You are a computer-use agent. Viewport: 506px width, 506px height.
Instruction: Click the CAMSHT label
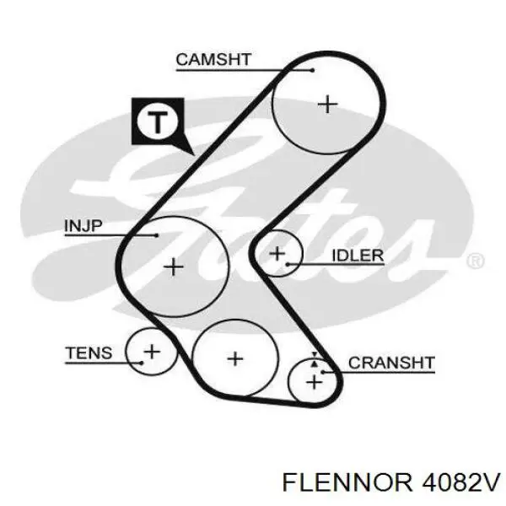pos(213,60)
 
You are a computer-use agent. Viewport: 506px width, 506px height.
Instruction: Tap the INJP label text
pos(83,225)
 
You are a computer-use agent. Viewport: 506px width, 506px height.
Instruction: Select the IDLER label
pos(358,256)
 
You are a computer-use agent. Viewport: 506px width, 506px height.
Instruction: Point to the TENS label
pos(89,353)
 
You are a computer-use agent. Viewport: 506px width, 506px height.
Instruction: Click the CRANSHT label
pos(391,363)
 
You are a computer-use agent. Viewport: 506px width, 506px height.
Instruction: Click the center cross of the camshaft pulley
pos(327,105)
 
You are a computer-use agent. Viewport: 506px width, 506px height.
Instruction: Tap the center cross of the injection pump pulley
pos(174,266)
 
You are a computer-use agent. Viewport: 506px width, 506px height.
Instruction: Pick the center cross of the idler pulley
pos(277,253)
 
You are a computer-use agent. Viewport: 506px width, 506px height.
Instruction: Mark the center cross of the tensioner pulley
pos(152,352)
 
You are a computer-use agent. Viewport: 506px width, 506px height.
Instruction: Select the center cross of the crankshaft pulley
pos(314,383)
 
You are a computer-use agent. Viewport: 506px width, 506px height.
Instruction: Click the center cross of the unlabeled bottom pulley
pos(235,359)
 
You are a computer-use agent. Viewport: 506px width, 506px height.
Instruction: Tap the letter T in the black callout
pos(157,121)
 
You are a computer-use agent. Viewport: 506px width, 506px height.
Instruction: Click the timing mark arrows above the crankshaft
pos(315,359)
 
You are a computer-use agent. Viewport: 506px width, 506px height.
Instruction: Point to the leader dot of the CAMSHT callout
pos(312,70)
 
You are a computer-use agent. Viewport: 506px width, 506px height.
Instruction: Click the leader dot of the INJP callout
pos(157,235)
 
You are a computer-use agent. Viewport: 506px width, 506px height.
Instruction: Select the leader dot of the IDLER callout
pos(288,265)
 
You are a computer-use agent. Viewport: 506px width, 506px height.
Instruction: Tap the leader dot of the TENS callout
pos(142,363)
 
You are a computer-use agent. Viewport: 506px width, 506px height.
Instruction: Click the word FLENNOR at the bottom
pos(347,482)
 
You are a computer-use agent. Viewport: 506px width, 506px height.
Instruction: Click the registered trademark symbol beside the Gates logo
pos(476,261)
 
